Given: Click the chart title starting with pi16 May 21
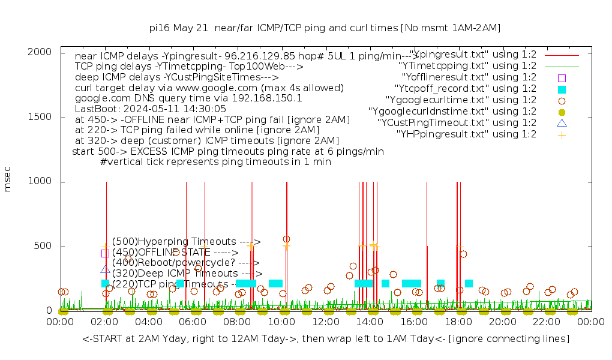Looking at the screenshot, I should [x=325, y=28].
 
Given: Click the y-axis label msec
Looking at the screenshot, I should [x=7, y=179].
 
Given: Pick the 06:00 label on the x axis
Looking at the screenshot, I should [x=193, y=322].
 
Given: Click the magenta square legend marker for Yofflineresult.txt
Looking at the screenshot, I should [x=562, y=77].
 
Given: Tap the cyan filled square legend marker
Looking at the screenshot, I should [x=562, y=89].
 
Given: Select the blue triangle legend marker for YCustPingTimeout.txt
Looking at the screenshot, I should [x=562, y=123].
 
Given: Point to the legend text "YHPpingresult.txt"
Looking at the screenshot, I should [x=467, y=134].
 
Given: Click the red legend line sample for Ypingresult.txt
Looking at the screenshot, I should [x=562, y=55].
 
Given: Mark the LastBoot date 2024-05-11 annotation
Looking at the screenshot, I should [x=151, y=109].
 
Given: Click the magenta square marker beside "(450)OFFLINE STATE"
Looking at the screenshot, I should [x=105, y=253].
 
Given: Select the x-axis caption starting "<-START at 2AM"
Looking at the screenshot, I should [x=326, y=339].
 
